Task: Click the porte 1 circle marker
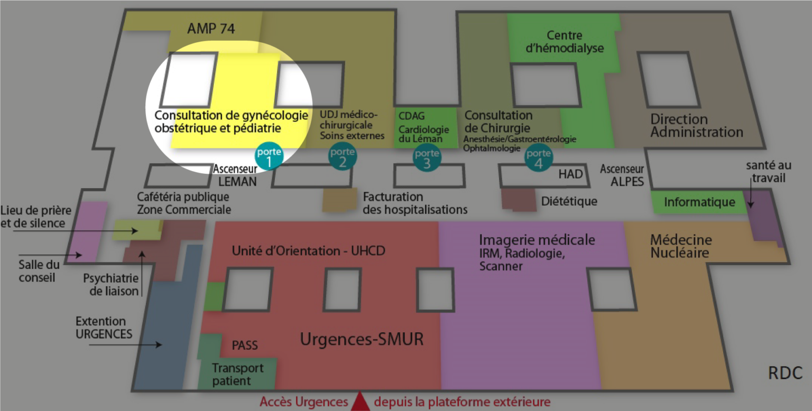click(x=269, y=156)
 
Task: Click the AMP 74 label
click(x=211, y=28)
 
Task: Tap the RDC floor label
click(x=785, y=372)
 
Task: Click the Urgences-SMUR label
click(x=362, y=339)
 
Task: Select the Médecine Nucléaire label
click(x=681, y=246)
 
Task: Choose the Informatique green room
click(x=699, y=202)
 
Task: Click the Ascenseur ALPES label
click(x=622, y=175)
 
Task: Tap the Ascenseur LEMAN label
click(x=235, y=175)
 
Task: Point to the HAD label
click(x=570, y=174)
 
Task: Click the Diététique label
click(x=569, y=201)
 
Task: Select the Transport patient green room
click(x=237, y=374)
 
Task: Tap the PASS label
click(x=245, y=345)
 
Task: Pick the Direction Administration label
click(x=696, y=125)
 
